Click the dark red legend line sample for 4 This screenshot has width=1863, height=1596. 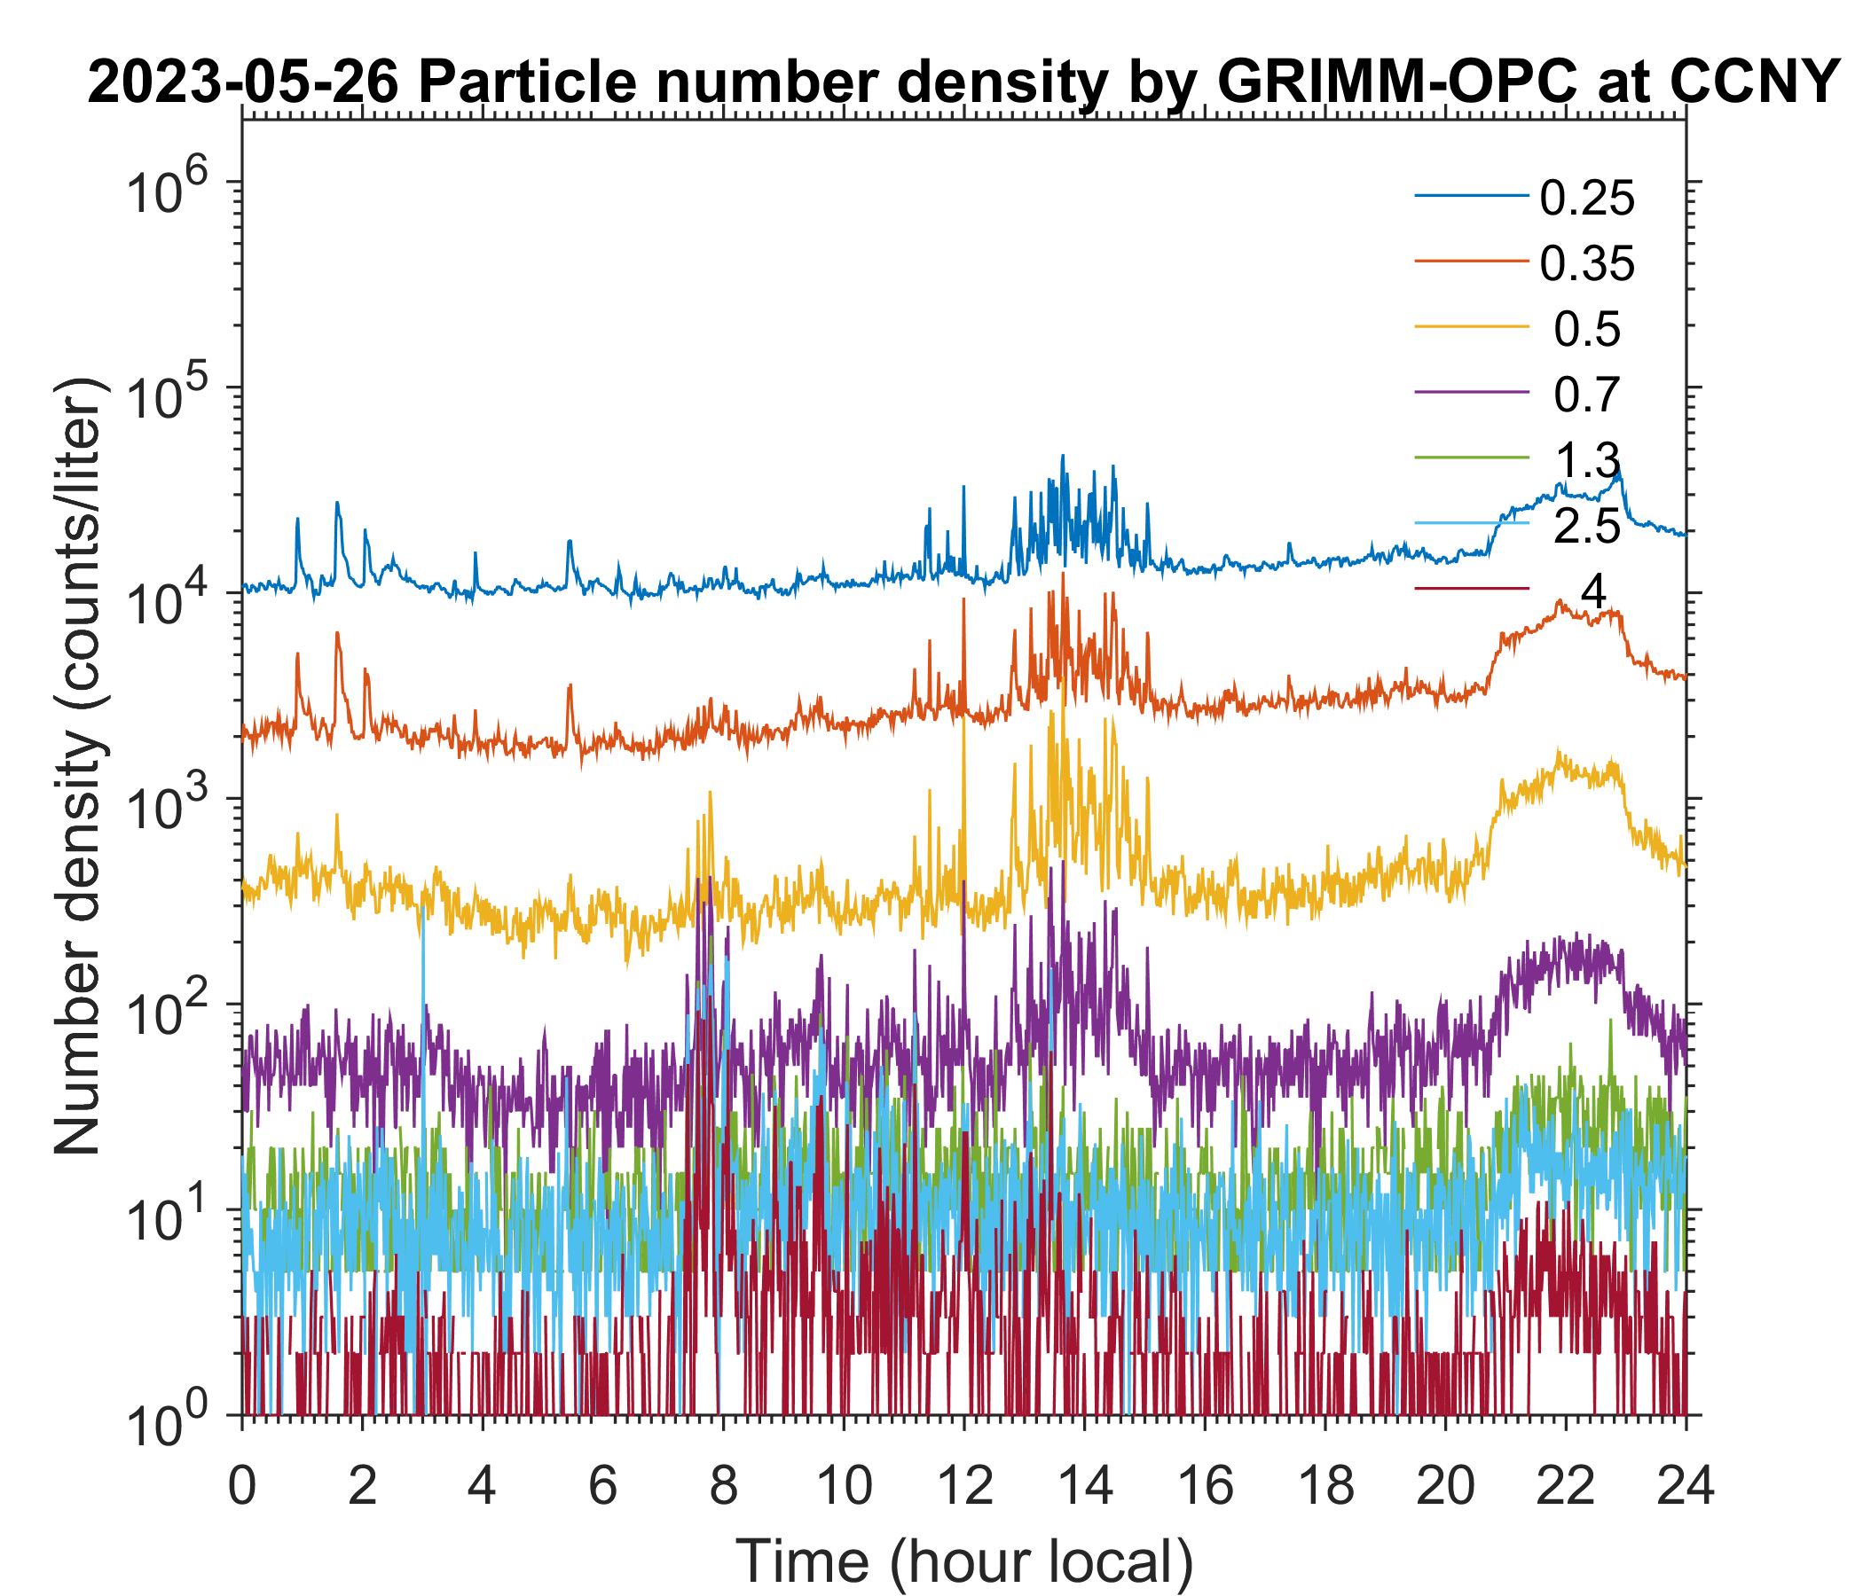(x=1472, y=590)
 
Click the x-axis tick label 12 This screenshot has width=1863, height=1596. (x=963, y=1487)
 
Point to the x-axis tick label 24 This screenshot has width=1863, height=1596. (x=1685, y=1487)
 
